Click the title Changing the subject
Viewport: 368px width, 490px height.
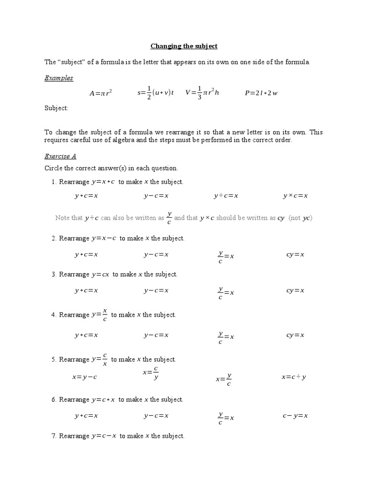click(x=184, y=46)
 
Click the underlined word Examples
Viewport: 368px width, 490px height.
click(x=59, y=78)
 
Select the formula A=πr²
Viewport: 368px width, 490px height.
click(x=101, y=93)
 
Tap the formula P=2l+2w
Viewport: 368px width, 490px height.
click(x=261, y=93)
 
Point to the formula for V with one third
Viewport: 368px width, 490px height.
click(x=202, y=93)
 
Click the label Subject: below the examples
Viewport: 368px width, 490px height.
click(x=57, y=108)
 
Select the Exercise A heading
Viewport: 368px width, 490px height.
click(x=60, y=156)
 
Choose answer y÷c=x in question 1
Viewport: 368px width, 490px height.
click(x=226, y=196)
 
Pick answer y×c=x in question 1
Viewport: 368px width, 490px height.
click(x=295, y=196)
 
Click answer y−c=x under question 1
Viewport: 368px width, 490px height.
click(x=156, y=196)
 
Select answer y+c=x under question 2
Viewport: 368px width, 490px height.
click(x=86, y=255)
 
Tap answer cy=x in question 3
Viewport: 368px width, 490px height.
click(x=295, y=290)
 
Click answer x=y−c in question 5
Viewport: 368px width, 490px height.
click(x=85, y=377)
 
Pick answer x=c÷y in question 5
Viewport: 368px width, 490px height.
click(x=294, y=377)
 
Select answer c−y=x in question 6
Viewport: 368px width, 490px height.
click(x=295, y=416)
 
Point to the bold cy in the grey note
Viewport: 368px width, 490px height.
click(x=281, y=218)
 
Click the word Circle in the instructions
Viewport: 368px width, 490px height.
click(x=53, y=168)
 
